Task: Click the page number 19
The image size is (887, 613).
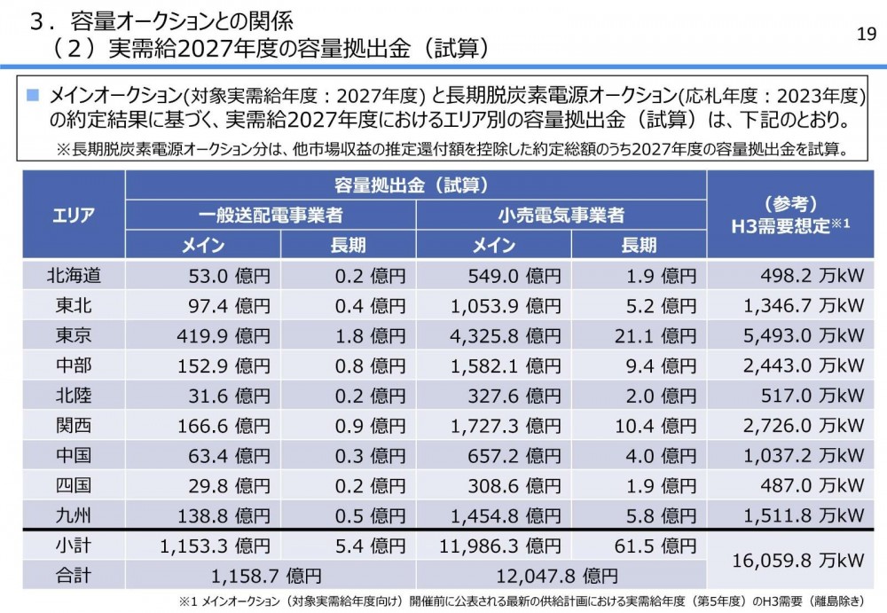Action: coord(867,34)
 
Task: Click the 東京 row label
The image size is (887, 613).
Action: coord(74,335)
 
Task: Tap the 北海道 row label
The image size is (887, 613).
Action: coord(74,276)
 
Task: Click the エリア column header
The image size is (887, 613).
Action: coord(74,215)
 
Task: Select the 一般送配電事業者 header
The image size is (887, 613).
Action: coord(271,215)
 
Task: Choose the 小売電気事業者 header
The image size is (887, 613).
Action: coord(561,215)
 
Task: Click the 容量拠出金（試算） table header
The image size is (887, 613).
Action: coord(416,185)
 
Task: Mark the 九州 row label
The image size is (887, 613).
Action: coord(74,515)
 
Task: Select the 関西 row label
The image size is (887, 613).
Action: coord(74,425)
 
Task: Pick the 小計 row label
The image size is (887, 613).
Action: coord(74,546)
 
